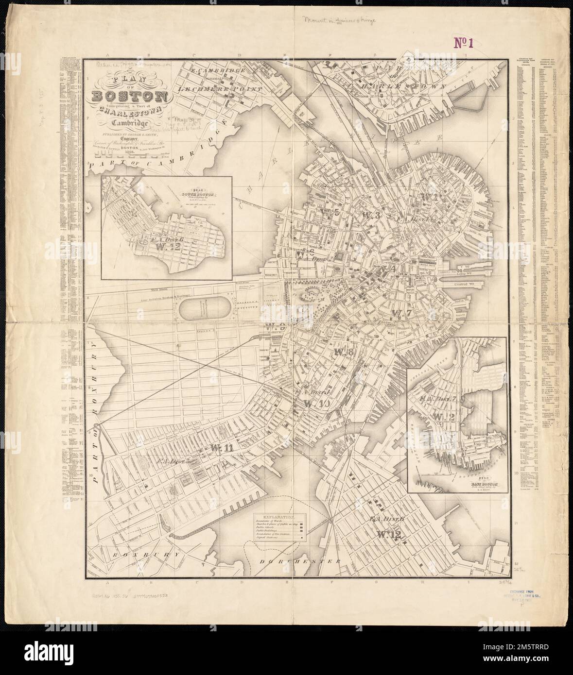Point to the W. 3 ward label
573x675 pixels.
[x=374, y=214]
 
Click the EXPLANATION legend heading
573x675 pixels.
[x=278, y=518]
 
